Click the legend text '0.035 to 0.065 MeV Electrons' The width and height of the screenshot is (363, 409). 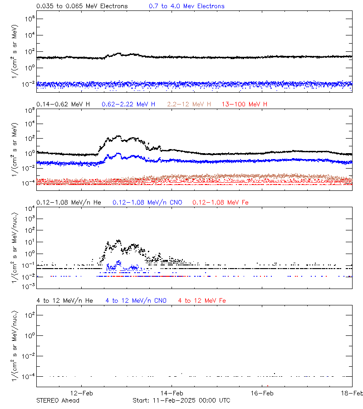pos(82,6)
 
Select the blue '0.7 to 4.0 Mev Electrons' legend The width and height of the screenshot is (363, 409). pos(186,6)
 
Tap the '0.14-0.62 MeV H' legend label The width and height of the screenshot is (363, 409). pos(63,105)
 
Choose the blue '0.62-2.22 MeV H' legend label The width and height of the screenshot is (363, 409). pos(128,105)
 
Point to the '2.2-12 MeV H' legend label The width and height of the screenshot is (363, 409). pos(189,105)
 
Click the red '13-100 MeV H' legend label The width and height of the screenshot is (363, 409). pos(245,105)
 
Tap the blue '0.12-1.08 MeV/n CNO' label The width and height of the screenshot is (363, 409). pos(147,202)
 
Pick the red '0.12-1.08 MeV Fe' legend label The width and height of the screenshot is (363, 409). pos(221,202)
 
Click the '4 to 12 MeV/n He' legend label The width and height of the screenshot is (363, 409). pos(64,300)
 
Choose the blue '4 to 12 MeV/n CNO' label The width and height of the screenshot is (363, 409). pos(136,300)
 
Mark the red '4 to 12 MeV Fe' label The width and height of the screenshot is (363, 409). pos(202,300)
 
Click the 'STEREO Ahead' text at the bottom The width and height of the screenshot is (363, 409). pos(58,400)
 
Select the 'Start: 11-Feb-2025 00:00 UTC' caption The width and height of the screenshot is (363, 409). pos(181,400)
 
